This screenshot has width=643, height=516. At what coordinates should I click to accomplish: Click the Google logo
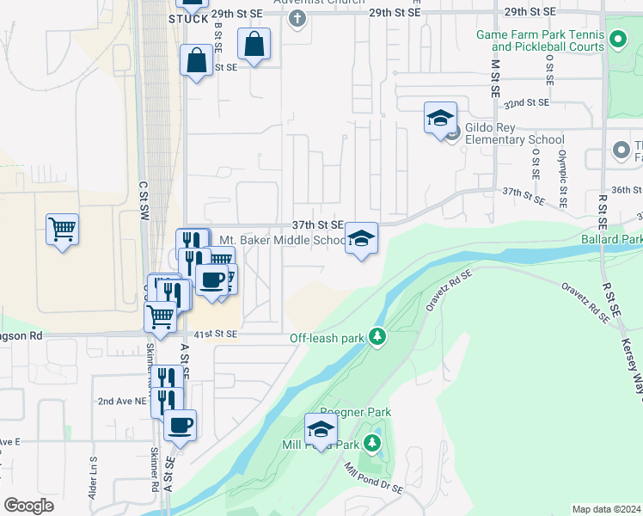[28, 506]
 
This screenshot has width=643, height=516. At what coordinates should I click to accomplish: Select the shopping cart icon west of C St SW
[62, 230]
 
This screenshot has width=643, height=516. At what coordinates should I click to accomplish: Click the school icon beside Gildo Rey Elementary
[440, 118]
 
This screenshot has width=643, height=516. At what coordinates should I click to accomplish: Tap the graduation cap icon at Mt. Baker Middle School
[362, 238]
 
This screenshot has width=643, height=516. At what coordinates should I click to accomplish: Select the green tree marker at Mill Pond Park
[371, 445]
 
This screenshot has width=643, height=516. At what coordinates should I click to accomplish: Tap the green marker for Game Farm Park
[617, 39]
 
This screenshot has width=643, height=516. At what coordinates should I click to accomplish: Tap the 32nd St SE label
[526, 102]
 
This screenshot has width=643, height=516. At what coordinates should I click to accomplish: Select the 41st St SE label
[215, 333]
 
